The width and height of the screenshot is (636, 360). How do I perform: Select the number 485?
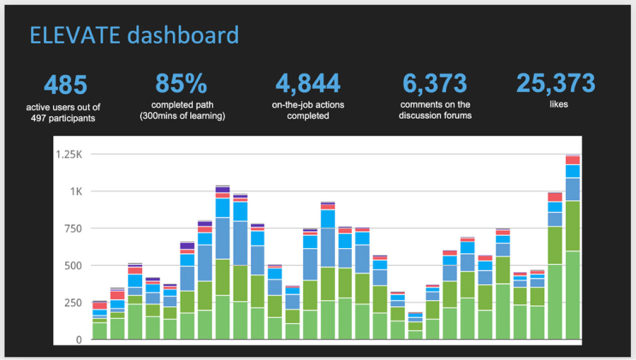[x=65, y=85]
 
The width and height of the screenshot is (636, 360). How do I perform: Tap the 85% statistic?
[x=181, y=84]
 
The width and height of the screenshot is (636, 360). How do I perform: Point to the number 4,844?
[x=307, y=84]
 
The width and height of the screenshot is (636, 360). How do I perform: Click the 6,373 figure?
[x=435, y=84]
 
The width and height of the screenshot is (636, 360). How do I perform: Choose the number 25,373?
[x=555, y=84]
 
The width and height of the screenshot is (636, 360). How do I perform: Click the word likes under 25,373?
[x=558, y=104]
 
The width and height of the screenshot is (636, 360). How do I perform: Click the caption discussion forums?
[x=435, y=115]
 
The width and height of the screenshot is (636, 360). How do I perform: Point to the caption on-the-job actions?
[x=308, y=105]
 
